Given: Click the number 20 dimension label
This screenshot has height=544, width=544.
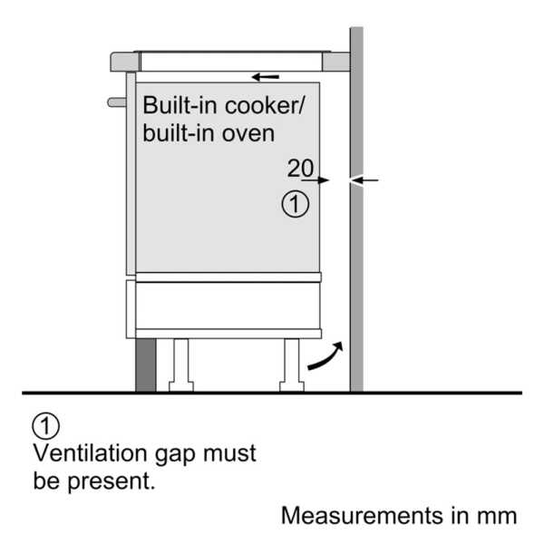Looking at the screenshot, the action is (x=300, y=169).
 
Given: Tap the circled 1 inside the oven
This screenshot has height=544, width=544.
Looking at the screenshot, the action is (x=296, y=204).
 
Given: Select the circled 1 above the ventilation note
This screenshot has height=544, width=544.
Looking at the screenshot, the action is (x=46, y=426).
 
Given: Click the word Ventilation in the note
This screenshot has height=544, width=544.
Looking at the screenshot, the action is (x=90, y=453).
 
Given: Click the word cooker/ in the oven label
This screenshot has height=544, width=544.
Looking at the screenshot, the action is (x=265, y=105).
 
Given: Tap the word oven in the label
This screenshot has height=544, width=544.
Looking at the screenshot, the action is (x=248, y=134).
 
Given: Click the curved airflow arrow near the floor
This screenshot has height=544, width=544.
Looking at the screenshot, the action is (x=325, y=355).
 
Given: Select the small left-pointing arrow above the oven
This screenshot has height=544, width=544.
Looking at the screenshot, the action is (x=266, y=77).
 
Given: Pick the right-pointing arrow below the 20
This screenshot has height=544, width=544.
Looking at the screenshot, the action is (x=315, y=180).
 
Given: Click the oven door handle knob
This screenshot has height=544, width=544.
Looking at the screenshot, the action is (x=117, y=102).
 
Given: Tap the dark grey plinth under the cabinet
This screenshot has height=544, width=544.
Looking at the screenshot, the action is (x=146, y=365).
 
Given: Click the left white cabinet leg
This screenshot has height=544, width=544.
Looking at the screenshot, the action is (x=181, y=365).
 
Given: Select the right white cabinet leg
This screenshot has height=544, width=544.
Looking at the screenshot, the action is (x=292, y=365).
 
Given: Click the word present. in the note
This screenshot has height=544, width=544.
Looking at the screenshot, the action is (x=111, y=481).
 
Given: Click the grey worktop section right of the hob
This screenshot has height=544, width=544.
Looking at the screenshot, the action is (x=335, y=62).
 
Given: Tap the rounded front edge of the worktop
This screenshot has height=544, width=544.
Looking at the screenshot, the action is (x=125, y=62).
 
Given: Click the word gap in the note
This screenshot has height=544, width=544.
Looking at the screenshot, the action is (x=175, y=455).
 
